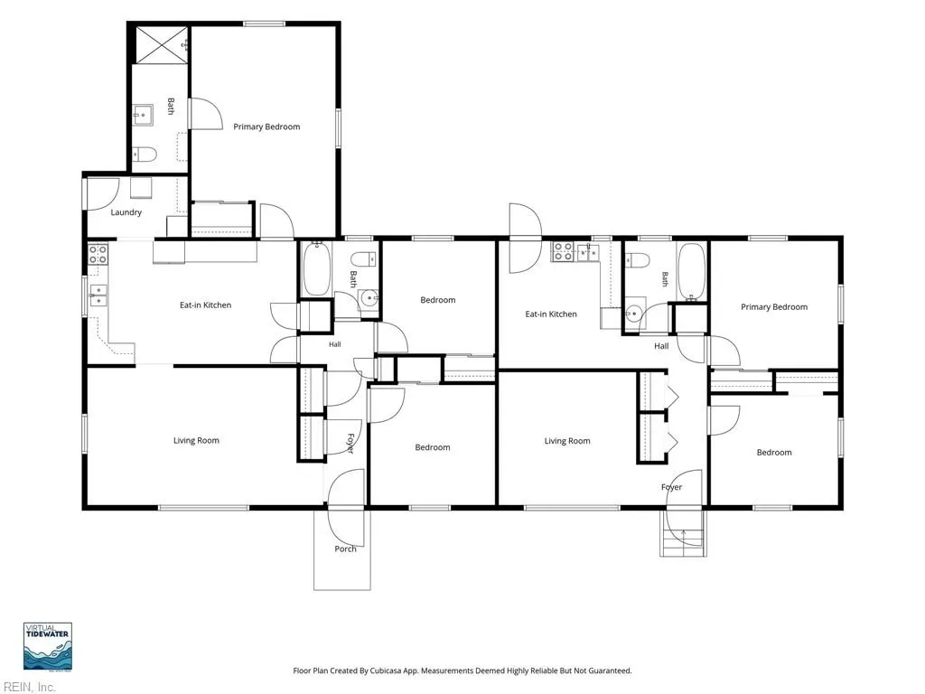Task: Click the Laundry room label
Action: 126,212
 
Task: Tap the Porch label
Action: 345,549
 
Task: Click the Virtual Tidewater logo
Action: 48,646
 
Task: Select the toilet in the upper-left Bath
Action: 145,155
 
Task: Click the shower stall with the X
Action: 162,44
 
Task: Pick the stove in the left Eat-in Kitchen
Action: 98,254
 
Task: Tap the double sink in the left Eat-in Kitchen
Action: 98,295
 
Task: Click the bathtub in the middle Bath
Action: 316,268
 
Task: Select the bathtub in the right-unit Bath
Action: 691,271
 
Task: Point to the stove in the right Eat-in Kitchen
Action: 563,252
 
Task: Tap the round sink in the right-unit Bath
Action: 634,313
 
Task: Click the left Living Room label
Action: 196,441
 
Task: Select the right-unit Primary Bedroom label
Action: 774,307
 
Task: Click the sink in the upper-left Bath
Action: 143,116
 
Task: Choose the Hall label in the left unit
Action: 334,344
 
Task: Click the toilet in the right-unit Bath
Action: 638,259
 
